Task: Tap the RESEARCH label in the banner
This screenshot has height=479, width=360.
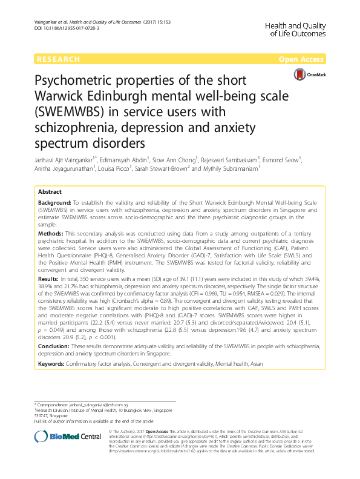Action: pos(58,59)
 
